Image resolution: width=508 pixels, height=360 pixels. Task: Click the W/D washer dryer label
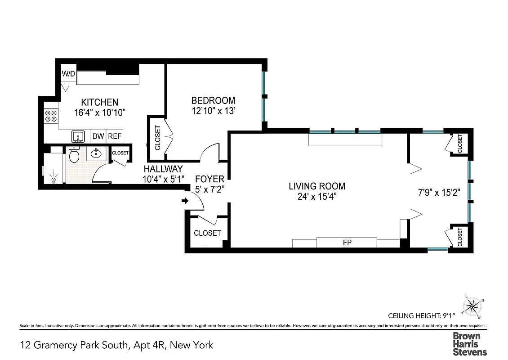(68, 74)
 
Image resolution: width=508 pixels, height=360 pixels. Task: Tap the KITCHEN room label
(99, 102)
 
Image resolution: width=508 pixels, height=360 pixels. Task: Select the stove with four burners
(50, 117)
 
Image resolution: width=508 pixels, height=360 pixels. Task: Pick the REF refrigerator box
(114, 136)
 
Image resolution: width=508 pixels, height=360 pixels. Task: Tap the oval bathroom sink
(96, 154)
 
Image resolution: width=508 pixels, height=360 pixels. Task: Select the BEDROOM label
(213, 100)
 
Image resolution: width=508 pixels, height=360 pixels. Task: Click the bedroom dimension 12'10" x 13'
(213, 111)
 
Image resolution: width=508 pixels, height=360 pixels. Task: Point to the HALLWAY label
(163, 169)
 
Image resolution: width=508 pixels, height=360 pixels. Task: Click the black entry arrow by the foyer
(185, 201)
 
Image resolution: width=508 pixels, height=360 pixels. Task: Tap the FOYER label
(209, 180)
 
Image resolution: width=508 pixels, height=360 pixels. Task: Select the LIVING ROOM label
(317, 186)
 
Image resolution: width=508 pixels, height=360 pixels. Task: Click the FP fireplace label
(347, 243)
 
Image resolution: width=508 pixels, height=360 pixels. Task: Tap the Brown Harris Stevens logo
(469, 344)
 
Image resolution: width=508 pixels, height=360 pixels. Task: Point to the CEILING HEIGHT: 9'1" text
(422, 315)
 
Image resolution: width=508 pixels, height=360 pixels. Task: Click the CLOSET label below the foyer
(207, 233)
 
